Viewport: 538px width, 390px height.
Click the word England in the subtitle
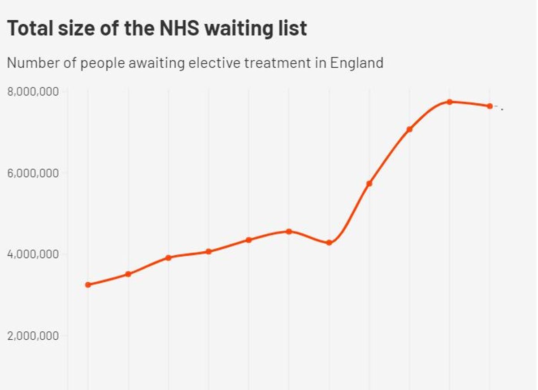pos(356,63)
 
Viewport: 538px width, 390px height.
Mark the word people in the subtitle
pos(103,63)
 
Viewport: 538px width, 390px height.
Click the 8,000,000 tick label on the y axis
pos(33,92)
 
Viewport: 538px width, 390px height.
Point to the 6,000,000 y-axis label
pos(33,173)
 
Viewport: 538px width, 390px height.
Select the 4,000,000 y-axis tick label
pos(33,254)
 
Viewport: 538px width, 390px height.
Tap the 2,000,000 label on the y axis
pos(33,336)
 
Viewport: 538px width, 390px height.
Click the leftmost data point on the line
pos(88,285)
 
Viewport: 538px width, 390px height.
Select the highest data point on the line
pos(449,102)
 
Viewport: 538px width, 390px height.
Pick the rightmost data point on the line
pos(490,106)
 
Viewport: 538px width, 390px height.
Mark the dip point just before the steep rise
pos(329,243)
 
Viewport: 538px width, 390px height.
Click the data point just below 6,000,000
pos(369,183)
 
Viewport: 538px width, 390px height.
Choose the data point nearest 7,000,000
pos(409,129)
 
